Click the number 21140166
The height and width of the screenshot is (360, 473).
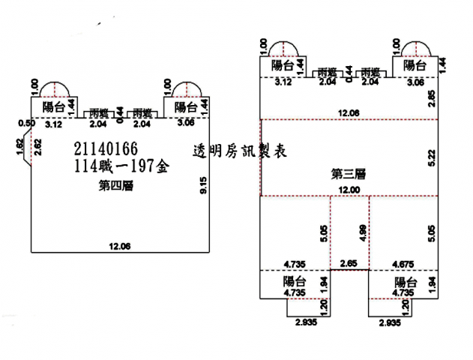pyautogui.click(x=106, y=148)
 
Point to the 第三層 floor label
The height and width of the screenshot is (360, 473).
pyautogui.click(x=348, y=174)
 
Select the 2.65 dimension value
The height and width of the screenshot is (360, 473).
pyautogui.click(x=349, y=263)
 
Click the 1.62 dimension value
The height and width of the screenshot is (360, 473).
pyautogui.click(x=20, y=145)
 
